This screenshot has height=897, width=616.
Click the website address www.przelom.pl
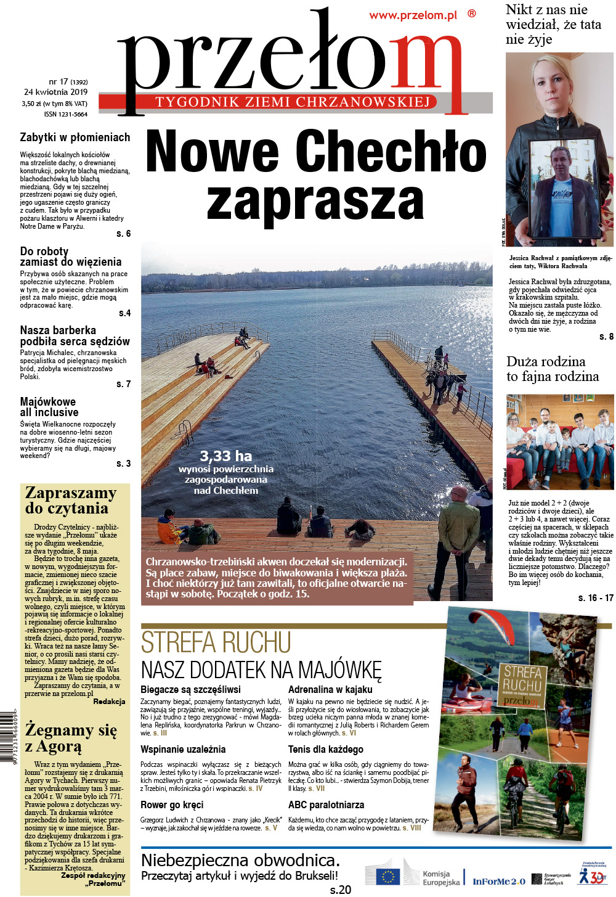(413, 16)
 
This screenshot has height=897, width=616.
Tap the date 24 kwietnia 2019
(55, 92)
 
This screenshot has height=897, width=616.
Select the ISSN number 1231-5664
(66, 114)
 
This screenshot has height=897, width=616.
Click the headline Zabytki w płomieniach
(75, 137)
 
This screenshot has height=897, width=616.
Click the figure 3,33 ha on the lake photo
(225, 456)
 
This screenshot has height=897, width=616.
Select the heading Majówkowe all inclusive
(49, 407)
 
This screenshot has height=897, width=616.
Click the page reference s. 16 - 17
(596, 598)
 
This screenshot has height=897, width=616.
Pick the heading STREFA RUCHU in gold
(216, 643)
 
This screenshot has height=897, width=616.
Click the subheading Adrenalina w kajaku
(330, 689)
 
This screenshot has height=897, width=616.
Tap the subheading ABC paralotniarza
(326, 805)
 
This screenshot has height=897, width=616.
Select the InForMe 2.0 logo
(499, 882)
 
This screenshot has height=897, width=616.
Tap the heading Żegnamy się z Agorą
(70, 738)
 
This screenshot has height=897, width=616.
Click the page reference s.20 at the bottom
(340, 890)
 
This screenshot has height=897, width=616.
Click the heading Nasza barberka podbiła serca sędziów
(75, 335)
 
